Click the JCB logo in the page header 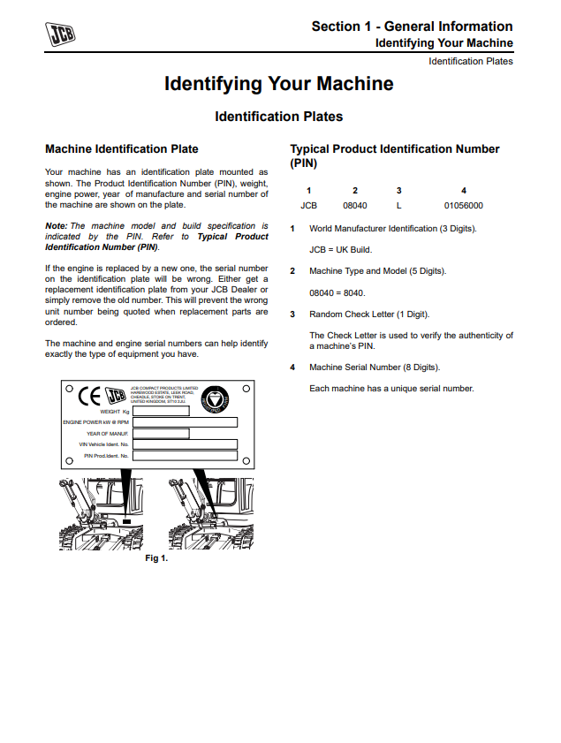click(62, 34)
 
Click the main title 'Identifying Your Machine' click(279, 84)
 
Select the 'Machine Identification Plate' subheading click(122, 149)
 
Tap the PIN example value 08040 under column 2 click(354, 206)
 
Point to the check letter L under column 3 click(399, 206)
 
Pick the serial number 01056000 click(464, 206)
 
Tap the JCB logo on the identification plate click(115, 396)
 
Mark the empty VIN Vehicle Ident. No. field click(185, 444)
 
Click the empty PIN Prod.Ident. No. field click(185, 456)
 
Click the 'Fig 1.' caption click(156, 558)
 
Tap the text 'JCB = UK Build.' click(340, 249)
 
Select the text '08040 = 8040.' click(337, 292)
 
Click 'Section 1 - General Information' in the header click(412, 27)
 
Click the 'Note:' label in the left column click(56, 226)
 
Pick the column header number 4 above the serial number click(464, 190)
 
